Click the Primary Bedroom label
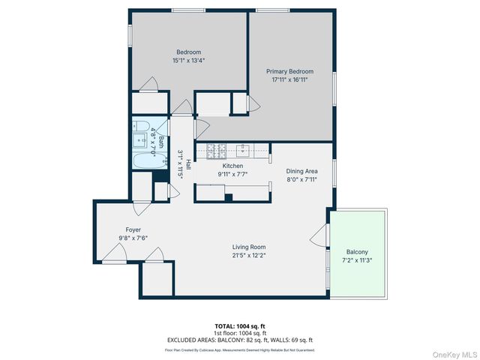coord(289,71)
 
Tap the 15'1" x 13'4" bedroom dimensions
coord(189,60)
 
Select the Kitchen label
coord(233,166)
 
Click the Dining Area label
coord(301,171)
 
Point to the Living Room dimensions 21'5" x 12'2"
coord(247,255)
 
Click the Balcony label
coord(357,252)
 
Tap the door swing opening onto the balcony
coord(318,239)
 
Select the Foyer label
coord(133,229)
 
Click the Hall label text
coord(188,166)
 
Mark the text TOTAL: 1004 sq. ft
coord(240,326)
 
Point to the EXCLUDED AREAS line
coord(240,340)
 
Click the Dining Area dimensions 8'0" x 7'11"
coord(301,179)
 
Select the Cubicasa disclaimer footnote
coord(240,349)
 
